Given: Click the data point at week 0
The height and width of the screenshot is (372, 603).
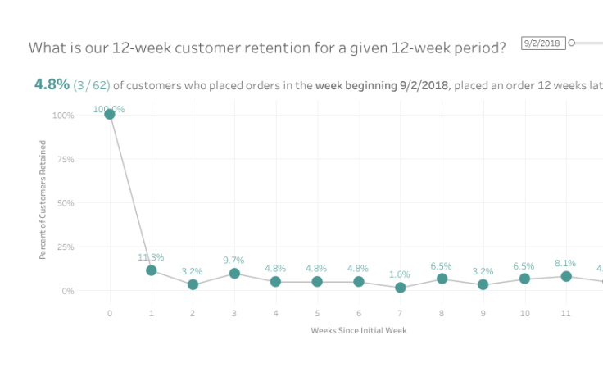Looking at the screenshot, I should (110, 114).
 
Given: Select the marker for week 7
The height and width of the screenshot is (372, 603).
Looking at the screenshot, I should (400, 288).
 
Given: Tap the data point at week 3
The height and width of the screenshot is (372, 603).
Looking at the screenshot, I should (234, 274).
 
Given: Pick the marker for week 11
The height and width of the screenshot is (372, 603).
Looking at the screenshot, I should (565, 276).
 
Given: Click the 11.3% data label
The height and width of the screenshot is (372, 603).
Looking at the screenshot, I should (151, 257).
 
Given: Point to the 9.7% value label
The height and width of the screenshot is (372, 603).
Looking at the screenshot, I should (233, 260).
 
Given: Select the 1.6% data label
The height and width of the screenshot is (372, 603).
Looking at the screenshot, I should (400, 274).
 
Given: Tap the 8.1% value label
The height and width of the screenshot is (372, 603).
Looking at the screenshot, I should (565, 263).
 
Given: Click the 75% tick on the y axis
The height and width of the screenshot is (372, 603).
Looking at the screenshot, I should (64, 159).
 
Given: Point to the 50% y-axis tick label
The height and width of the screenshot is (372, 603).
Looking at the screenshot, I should (64, 203).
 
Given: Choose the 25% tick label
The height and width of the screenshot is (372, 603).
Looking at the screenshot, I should (64, 247).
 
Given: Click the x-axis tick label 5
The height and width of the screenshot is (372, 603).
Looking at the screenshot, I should (317, 313).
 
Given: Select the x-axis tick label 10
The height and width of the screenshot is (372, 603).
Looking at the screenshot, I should (524, 313).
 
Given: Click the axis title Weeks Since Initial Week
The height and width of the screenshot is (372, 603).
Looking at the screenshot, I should (359, 330).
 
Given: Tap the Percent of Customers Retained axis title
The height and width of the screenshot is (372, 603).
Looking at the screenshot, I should (43, 200).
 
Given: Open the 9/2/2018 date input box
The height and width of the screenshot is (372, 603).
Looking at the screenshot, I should (543, 43).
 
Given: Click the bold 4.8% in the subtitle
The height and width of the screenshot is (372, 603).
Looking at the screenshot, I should (52, 84).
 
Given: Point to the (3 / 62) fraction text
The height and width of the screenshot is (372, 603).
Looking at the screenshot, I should (91, 85).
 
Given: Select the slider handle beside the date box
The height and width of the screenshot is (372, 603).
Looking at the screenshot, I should (572, 43).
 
